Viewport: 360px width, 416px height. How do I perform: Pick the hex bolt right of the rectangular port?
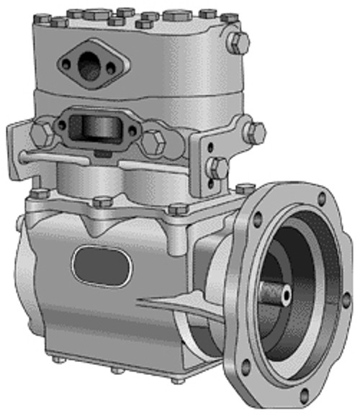click(153, 142)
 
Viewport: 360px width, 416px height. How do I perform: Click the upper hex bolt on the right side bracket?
click(254, 132)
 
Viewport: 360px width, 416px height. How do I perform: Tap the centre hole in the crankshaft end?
click(287, 294)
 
